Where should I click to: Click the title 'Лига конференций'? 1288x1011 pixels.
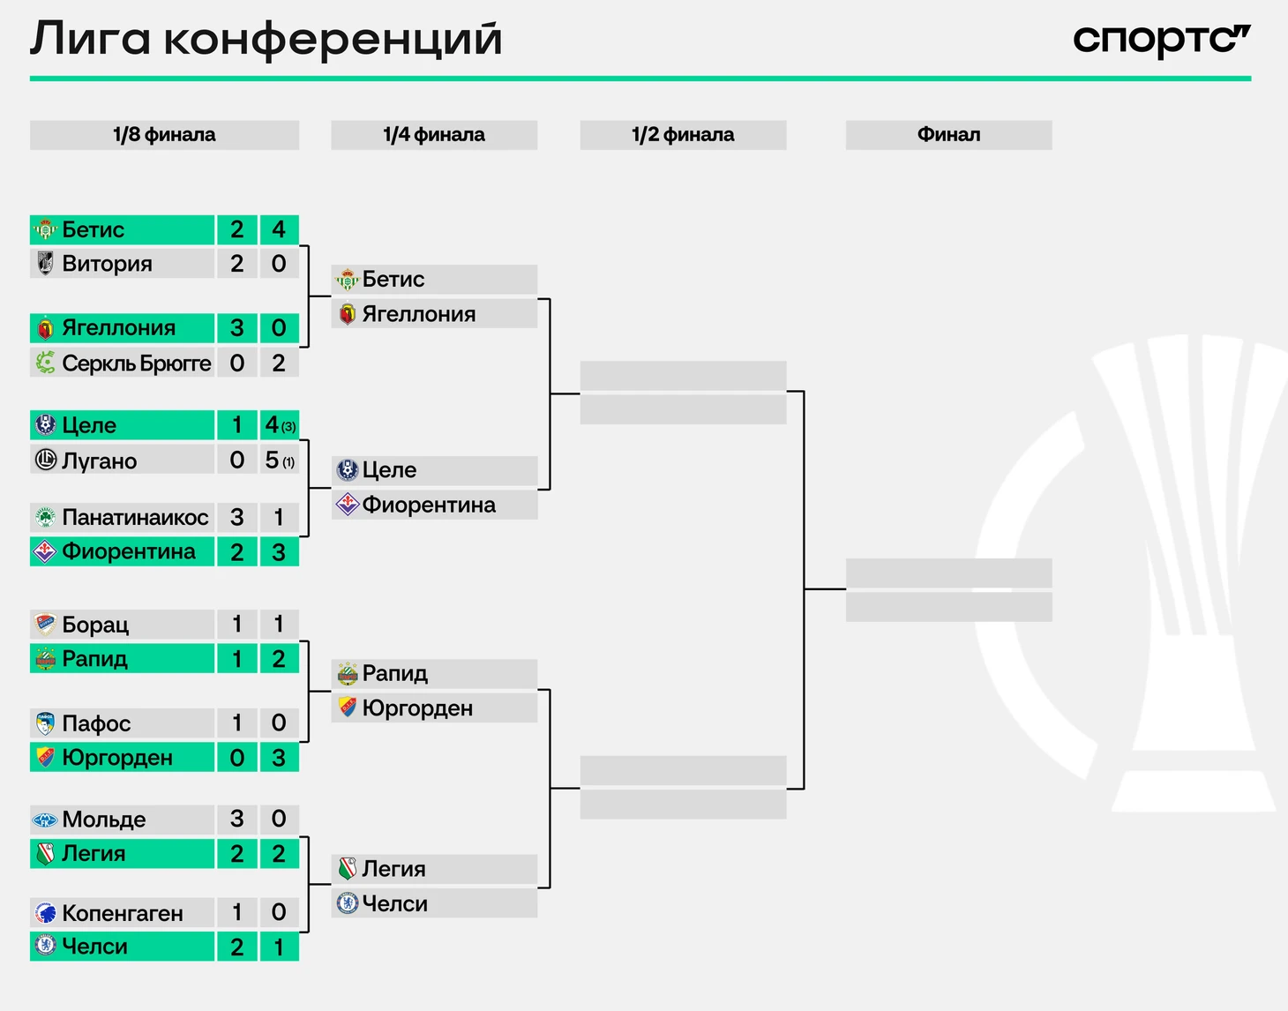[266, 39]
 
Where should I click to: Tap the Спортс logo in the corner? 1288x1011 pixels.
[1162, 41]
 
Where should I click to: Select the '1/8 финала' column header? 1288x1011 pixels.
[164, 134]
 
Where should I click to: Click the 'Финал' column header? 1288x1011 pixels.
[948, 134]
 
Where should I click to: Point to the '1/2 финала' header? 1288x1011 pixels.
[683, 134]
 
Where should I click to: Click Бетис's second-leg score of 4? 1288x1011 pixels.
[279, 229]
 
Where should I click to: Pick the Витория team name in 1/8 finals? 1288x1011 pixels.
[108, 264]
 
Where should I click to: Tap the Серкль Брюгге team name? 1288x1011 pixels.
[137, 363]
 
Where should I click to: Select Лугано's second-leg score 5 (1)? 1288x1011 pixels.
[279, 460]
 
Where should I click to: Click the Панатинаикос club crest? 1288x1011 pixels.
[45, 517]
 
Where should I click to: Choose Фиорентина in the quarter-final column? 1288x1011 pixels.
[429, 505]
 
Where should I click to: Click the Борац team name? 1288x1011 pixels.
[95, 625]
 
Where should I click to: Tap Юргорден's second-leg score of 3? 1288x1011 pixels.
[279, 757]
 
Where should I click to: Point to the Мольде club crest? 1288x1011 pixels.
[45, 820]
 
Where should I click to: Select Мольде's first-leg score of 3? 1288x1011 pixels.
[237, 819]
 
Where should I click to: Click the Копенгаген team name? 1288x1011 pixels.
[123, 913]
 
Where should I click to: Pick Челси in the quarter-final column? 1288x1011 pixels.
[394, 903]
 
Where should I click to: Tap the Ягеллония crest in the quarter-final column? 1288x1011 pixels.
[348, 314]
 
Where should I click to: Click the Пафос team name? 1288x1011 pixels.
[97, 723]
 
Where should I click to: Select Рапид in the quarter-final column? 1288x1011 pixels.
[394, 673]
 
